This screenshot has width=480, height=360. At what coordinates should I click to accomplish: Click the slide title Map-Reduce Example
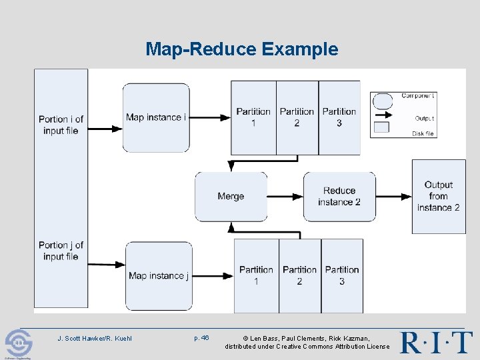pos(242,49)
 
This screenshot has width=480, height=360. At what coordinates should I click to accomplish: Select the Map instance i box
pos(156,117)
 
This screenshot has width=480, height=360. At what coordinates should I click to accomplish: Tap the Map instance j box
pos(159,275)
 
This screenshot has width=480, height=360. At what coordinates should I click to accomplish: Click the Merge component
pos(231,196)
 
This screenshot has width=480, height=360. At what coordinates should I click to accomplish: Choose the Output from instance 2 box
pos(438,196)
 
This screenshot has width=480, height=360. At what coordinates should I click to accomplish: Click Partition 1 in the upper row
pos(253,117)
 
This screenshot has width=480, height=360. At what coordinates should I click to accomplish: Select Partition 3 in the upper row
pos(339,117)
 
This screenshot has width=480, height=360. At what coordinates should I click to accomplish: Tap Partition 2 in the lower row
pos(299,275)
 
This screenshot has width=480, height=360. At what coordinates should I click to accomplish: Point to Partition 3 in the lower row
pos(342,275)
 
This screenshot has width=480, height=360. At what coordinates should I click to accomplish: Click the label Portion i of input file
pos(61,125)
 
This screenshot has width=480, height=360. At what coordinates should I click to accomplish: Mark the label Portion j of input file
pos(61,251)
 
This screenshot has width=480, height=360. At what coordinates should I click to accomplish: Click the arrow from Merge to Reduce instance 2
pos(285,196)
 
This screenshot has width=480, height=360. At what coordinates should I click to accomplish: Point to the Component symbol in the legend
pos(382,101)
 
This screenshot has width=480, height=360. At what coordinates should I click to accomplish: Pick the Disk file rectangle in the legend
pos(381,127)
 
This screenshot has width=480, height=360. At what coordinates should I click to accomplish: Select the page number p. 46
pos(201,338)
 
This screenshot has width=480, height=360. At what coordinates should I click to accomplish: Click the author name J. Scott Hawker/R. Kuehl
pos(95,338)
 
